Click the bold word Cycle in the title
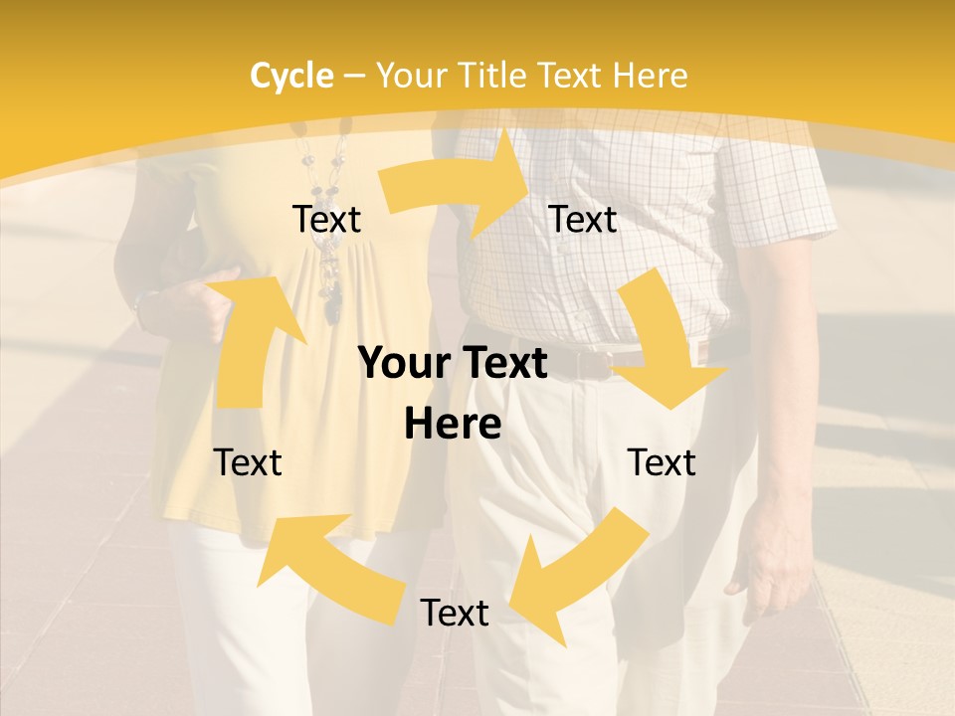coord(290,76)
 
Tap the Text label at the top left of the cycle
coord(326,220)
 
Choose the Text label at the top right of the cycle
coord(583,220)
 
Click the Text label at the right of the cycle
coord(662,463)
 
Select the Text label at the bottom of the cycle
coord(455,614)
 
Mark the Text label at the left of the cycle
coord(248,463)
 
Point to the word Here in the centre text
coord(453,425)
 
